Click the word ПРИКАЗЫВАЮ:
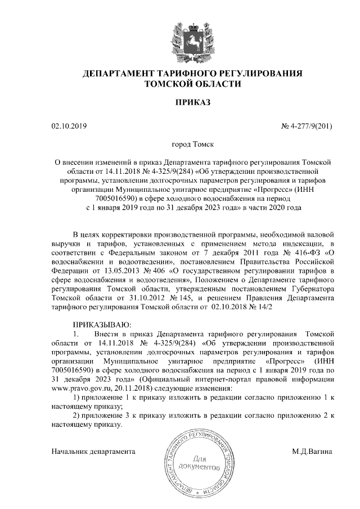102,325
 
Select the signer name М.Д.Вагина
312,451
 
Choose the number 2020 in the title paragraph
277,207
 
